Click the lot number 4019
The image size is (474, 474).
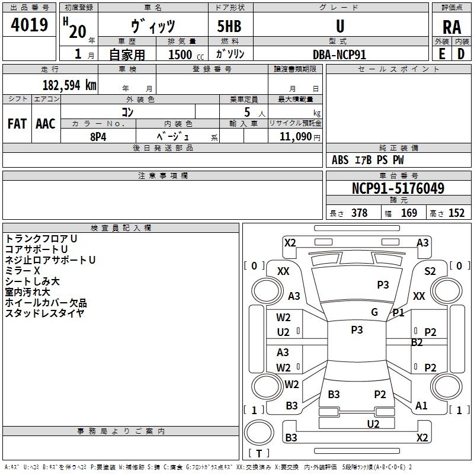click(x=29, y=26)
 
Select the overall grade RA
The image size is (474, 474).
click(x=451, y=27)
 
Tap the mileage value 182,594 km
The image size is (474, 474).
click(x=69, y=85)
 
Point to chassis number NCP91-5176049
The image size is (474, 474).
click(x=398, y=189)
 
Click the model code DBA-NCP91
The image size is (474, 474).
click(x=340, y=54)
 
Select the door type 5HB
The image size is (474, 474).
click(x=229, y=27)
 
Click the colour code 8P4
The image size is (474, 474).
click(x=98, y=136)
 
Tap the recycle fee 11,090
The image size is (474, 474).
click(x=294, y=136)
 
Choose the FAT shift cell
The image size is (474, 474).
click(x=17, y=124)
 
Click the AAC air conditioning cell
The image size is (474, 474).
click(x=46, y=124)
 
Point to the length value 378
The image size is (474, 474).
click(x=359, y=213)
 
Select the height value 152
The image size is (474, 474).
click(x=456, y=213)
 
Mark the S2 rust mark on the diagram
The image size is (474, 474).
click(x=430, y=271)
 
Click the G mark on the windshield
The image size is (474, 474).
click(x=374, y=312)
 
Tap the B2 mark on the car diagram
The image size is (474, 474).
click(x=417, y=342)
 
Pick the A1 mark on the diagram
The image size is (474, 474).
click(x=421, y=406)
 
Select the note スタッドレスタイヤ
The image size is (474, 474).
click(x=45, y=313)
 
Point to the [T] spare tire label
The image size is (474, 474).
click(x=259, y=454)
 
